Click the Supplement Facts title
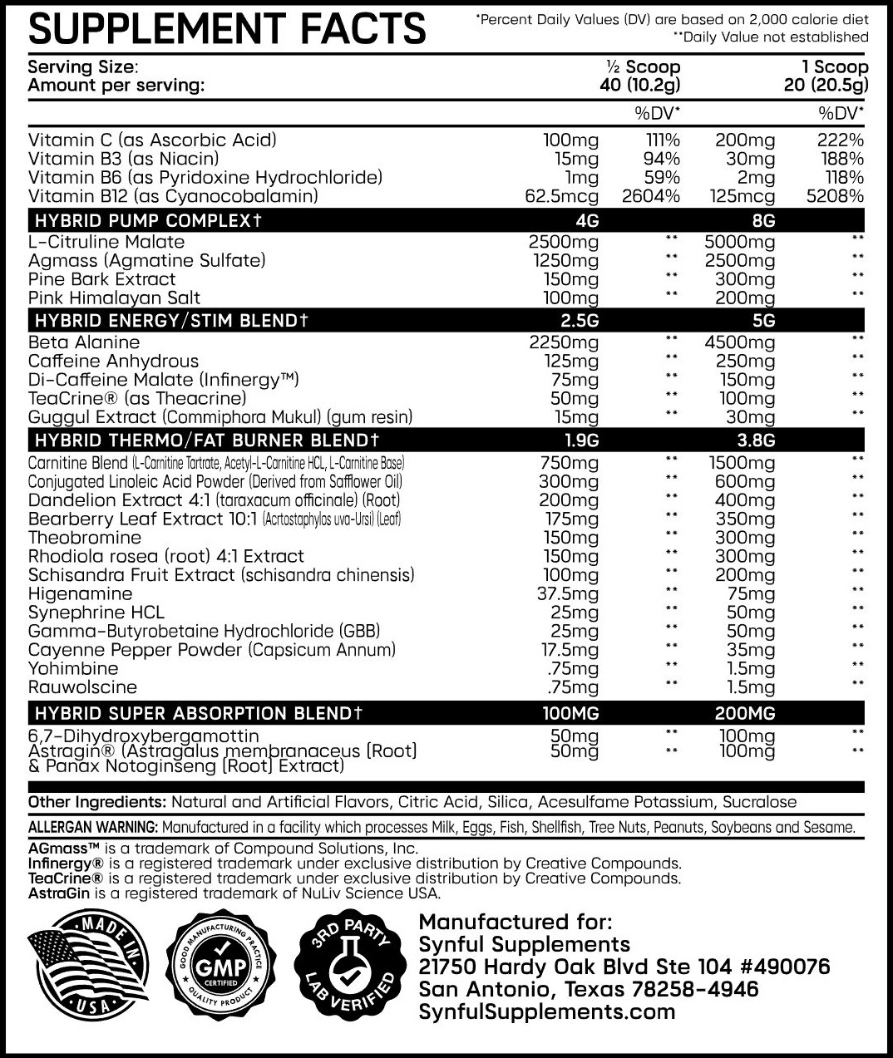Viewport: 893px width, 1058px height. (x=227, y=28)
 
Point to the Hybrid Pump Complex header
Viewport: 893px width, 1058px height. (x=148, y=220)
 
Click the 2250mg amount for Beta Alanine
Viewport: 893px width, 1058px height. (x=563, y=342)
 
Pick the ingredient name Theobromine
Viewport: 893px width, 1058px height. (x=85, y=538)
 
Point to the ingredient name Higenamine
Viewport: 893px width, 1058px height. (x=80, y=593)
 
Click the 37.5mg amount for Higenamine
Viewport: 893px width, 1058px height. (x=567, y=593)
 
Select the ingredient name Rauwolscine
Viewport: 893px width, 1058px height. (x=82, y=687)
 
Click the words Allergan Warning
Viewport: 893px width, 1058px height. (x=92, y=827)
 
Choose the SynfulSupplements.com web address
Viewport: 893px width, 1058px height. (x=546, y=1011)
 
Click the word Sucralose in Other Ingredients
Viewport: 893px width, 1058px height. (x=760, y=802)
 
